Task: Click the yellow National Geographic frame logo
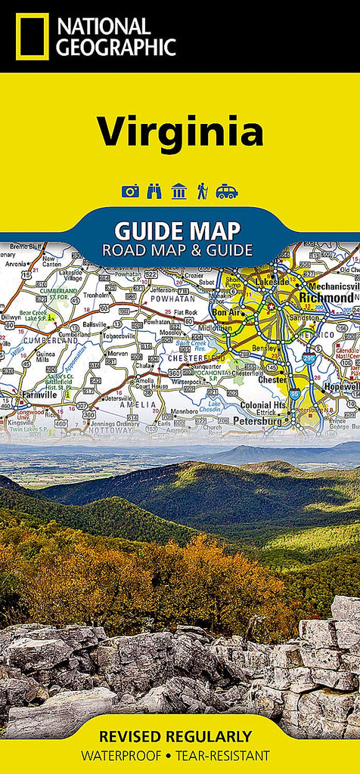(32, 36)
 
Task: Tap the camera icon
(131, 191)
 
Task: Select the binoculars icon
(154, 191)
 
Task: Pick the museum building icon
(178, 191)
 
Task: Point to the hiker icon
(202, 191)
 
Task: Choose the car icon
(226, 191)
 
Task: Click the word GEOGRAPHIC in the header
(116, 48)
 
